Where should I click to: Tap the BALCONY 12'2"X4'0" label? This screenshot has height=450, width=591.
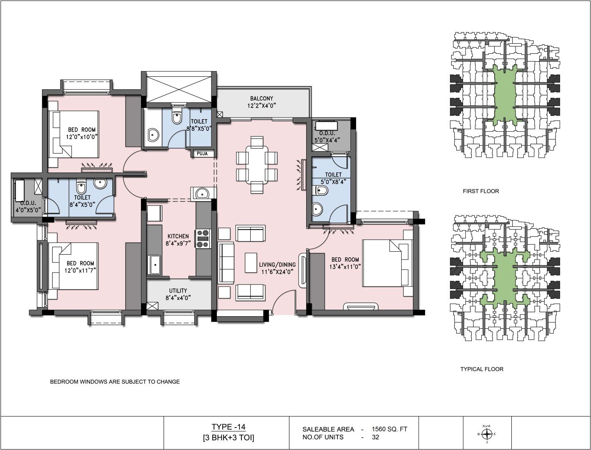(x=262, y=102)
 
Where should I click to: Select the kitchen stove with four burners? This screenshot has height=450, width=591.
(x=203, y=238)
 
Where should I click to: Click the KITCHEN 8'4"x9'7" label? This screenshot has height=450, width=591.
(x=178, y=240)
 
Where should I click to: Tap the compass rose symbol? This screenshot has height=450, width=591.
(x=487, y=434)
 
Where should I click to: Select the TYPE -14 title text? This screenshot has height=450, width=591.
(x=229, y=427)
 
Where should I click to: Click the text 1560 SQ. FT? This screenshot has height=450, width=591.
(x=389, y=429)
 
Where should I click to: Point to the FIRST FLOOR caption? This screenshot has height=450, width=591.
(x=481, y=191)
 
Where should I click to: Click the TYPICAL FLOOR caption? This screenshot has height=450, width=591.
(x=482, y=369)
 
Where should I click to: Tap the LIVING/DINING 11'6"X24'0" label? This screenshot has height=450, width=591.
(x=277, y=268)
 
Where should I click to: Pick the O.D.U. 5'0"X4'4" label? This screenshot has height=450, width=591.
(x=327, y=137)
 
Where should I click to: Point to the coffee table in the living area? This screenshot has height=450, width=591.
(x=251, y=262)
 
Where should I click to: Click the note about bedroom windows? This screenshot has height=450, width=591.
(x=115, y=382)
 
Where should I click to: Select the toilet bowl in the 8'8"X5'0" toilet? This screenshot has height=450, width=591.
(x=176, y=116)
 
